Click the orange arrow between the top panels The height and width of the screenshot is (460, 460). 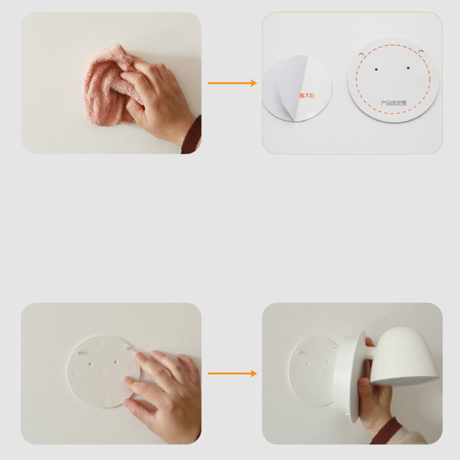coord(232,83)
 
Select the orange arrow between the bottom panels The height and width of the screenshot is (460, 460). coord(232,374)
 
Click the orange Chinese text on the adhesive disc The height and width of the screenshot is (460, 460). coord(306,94)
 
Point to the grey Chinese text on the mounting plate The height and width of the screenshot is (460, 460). coord(393,103)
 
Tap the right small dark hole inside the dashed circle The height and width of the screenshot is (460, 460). coord(409,68)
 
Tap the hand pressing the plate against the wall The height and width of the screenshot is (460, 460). coord(164,391)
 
